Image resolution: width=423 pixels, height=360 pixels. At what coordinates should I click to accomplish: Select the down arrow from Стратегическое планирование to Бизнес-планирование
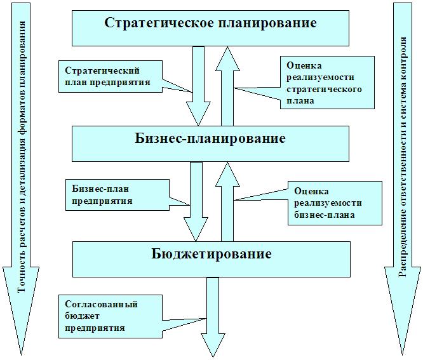pyautogui.click(x=198, y=89)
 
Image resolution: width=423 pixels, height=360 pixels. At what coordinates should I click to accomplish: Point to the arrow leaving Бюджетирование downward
pyautogui.click(x=211, y=317)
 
